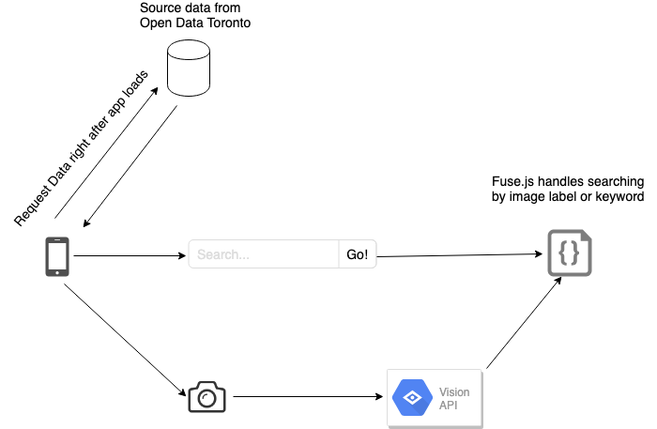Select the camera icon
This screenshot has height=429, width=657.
[x=207, y=396]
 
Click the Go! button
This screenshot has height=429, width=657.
[x=358, y=254]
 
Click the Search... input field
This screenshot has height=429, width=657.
[x=264, y=254]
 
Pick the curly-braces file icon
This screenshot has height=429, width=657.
[x=569, y=253]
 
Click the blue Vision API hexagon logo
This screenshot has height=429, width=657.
[x=411, y=399]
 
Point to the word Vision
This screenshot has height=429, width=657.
[x=454, y=392]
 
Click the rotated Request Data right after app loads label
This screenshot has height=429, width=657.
[x=82, y=148]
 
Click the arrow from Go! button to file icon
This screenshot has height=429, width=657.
[x=460, y=254]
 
